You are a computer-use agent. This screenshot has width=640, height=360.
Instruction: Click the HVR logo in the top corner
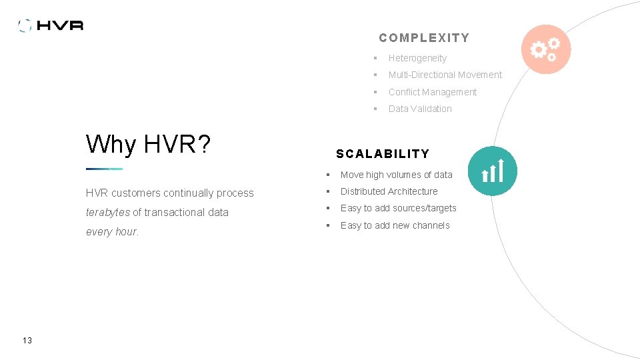(x=51, y=25)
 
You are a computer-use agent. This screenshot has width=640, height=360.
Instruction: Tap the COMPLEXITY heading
(x=424, y=38)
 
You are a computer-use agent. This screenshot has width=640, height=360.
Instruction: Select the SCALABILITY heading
(x=383, y=153)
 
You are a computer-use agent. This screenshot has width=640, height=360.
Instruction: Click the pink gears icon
(x=546, y=49)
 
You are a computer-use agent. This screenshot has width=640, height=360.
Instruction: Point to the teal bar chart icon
(x=492, y=171)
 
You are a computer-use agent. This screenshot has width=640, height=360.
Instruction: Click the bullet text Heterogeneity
(x=417, y=58)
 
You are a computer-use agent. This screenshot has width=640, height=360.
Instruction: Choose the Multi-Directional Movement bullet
(x=445, y=75)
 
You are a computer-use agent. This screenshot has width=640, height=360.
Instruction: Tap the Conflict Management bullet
(x=432, y=92)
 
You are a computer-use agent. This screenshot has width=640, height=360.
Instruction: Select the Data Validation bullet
(x=420, y=109)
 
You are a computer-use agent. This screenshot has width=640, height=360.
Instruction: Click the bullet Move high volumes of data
(x=396, y=175)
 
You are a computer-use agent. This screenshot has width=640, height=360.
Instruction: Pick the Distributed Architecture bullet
(x=389, y=191)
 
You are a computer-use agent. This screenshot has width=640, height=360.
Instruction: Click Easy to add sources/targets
(x=398, y=208)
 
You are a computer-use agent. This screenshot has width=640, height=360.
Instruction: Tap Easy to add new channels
(x=395, y=225)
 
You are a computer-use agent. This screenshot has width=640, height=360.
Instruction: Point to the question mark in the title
(x=204, y=143)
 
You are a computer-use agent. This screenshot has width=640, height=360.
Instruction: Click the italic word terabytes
(x=108, y=212)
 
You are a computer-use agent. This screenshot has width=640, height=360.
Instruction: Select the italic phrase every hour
(x=112, y=231)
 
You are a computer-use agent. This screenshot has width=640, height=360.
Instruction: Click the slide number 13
(x=27, y=341)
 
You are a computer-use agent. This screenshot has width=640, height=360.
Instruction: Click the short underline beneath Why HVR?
(x=104, y=169)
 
